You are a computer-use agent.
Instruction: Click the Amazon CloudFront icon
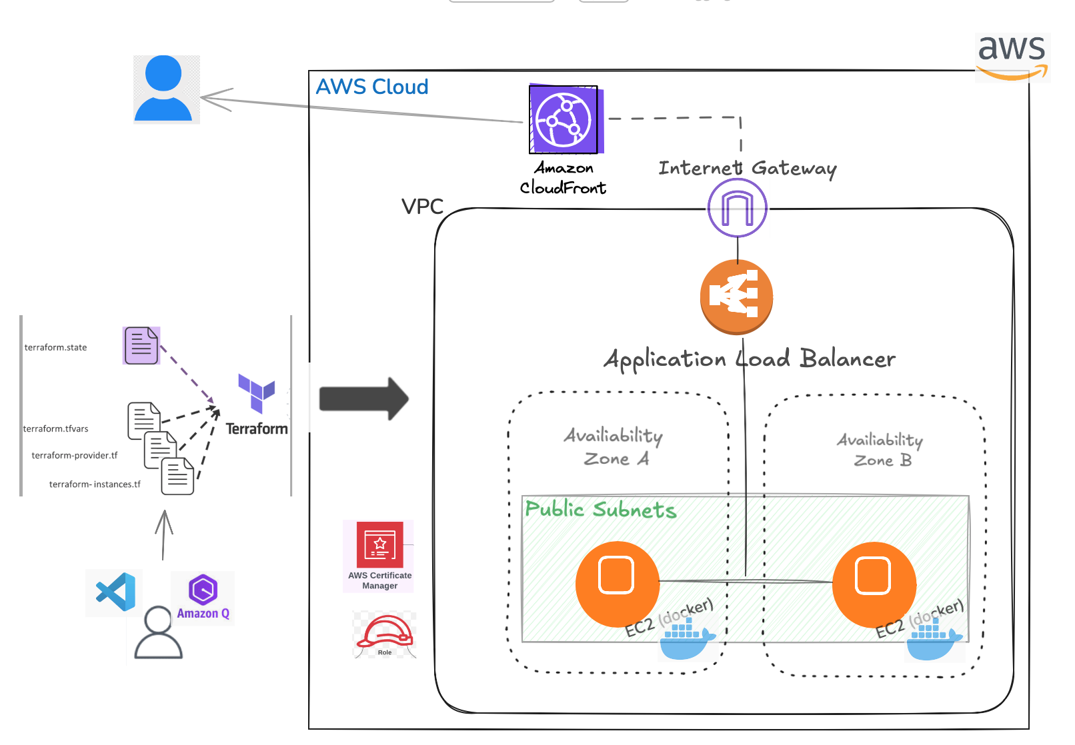tap(564, 119)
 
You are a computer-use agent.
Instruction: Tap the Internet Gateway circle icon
tap(737, 208)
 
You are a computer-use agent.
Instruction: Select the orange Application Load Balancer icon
tap(736, 297)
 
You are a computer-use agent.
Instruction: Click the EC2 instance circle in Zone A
tap(617, 583)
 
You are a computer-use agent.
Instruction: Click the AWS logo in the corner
tap(1012, 57)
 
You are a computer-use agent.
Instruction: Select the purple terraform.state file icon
tap(141, 345)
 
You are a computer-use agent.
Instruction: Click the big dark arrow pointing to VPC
tap(363, 398)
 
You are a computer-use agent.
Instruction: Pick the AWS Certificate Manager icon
tap(379, 544)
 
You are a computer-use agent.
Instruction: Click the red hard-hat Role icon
tap(385, 633)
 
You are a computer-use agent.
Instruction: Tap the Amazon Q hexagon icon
tap(203, 590)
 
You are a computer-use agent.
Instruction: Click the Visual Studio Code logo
tap(115, 592)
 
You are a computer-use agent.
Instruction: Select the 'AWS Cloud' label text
tap(371, 87)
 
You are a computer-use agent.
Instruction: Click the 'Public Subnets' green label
tap(600, 510)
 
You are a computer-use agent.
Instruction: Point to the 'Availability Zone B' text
tap(880, 450)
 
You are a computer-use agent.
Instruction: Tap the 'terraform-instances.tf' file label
tap(95, 484)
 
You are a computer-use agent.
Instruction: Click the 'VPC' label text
tap(422, 207)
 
